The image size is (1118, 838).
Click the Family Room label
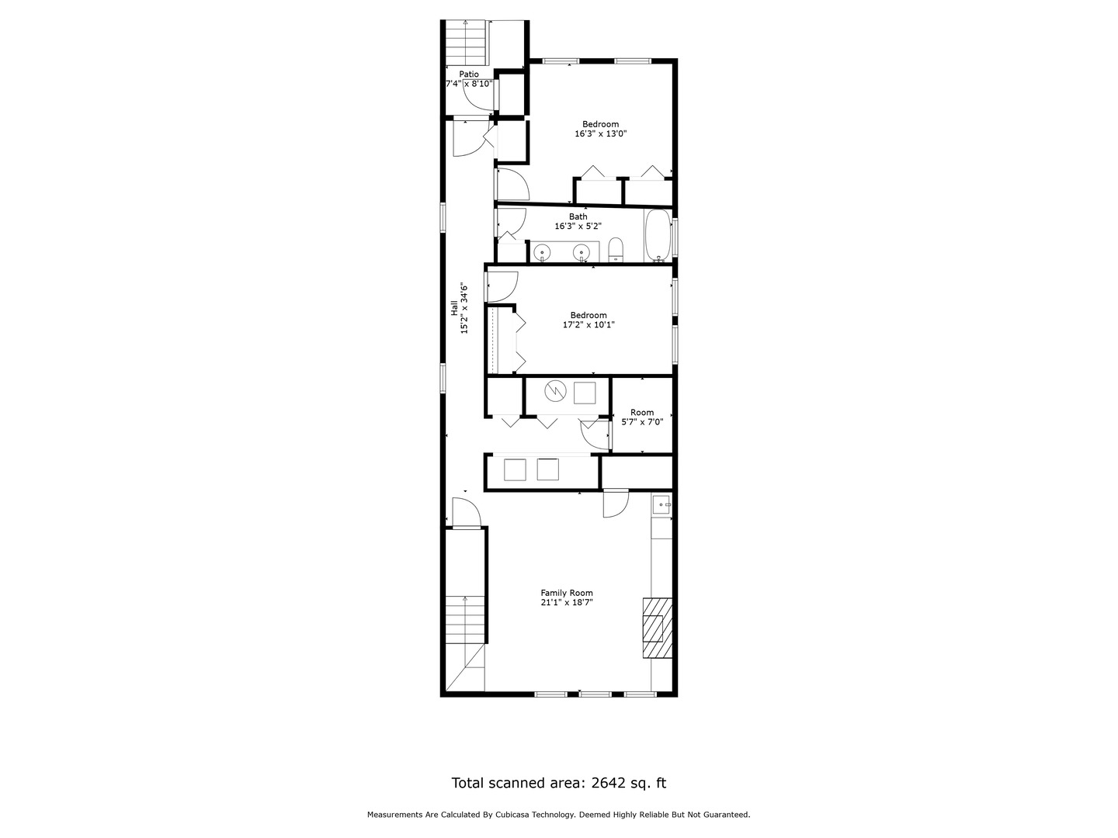click(567, 593)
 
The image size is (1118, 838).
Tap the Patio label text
click(469, 74)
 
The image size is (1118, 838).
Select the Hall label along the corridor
click(454, 308)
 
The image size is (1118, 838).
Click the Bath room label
click(578, 216)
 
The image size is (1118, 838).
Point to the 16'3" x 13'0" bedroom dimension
click(600, 133)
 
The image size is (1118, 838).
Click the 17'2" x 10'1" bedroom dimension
click(588, 325)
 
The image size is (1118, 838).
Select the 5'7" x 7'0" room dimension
click(642, 422)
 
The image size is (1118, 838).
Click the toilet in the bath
click(616, 251)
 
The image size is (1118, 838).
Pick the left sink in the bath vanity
click(543, 252)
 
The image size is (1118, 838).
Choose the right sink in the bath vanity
click(581, 252)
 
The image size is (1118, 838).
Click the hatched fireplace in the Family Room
click(657, 628)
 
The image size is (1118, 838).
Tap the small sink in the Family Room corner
click(661, 504)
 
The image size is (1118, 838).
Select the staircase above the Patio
click(467, 43)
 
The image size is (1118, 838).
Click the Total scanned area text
click(558, 783)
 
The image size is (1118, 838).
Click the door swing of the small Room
click(595, 435)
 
